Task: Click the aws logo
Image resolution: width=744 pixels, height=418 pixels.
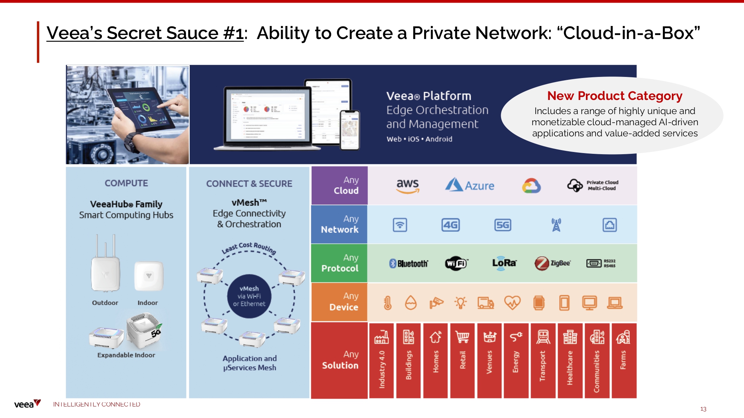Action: tap(408, 185)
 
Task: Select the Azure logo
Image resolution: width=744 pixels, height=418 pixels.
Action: tap(470, 185)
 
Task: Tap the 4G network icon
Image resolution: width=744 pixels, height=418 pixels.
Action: tap(450, 225)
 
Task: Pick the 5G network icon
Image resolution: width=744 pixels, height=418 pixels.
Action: tap(503, 225)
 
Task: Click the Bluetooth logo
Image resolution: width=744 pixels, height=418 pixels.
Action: tap(408, 263)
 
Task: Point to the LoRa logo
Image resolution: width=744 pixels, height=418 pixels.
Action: tap(504, 263)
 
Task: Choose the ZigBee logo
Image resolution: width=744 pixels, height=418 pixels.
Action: tap(552, 263)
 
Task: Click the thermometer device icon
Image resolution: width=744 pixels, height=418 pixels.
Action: tap(388, 303)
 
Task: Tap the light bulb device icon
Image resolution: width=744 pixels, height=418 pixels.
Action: tap(461, 303)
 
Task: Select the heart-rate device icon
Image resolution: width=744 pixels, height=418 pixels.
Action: tap(512, 303)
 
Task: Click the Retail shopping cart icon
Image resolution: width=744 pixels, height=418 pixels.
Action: tap(462, 337)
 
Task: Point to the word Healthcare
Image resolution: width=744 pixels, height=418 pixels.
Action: tap(570, 368)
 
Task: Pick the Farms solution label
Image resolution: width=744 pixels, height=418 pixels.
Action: tap(623, 360)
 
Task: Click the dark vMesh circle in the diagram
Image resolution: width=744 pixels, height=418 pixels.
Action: tap(249, 296)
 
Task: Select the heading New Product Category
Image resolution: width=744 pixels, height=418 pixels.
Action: tap(615, 96)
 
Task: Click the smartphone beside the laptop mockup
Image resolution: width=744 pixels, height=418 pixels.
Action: tap(350, 130)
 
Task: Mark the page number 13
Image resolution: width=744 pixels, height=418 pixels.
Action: tap(703, 409)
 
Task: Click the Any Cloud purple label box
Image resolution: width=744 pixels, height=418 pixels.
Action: tap(339, 185)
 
